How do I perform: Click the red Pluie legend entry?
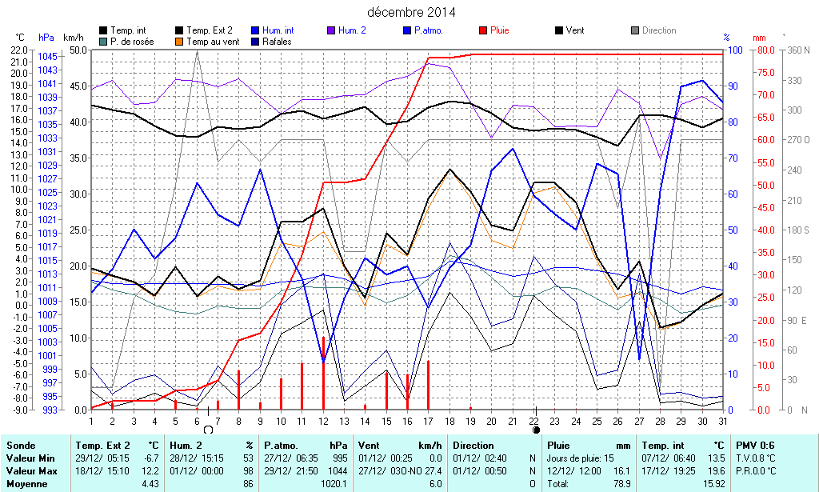click(500, 30)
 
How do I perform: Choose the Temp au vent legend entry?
click(212, 41)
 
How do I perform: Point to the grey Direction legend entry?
click(658, 30)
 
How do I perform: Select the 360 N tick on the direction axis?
click(798, 50)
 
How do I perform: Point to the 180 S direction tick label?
click(798, 230)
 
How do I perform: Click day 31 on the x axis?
click(722, 421)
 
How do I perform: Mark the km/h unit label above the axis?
click(73, 38)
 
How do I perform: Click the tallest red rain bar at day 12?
click(323, 373)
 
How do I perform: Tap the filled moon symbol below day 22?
click(536, 430)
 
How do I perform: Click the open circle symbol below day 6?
click(208, 430)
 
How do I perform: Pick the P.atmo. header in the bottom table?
click(281, 446)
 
